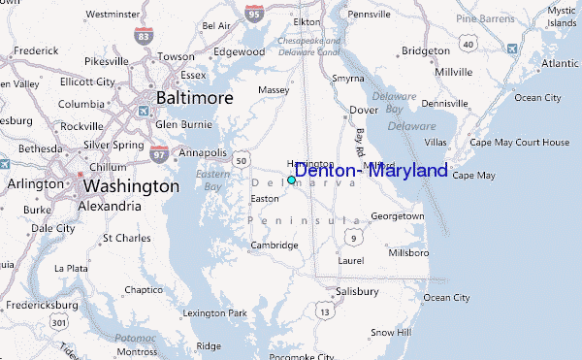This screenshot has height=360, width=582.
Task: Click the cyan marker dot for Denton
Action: coord(291,180)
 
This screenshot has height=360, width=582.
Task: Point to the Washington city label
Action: coord(131,185)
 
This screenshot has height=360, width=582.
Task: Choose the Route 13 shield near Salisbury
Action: coord(323,311)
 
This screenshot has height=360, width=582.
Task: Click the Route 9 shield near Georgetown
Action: coord(355,237)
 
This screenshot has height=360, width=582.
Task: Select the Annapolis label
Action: coord(202,153)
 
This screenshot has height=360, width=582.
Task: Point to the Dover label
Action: coord(363,110)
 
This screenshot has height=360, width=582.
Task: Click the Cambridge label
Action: coord(275,245)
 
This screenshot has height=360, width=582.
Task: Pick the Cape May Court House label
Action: coord(519,143)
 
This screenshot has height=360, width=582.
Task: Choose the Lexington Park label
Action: coord(215,312)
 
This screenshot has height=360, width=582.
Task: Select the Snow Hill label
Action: coord(390,332)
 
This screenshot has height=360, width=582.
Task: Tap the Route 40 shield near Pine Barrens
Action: coord(469,44)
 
